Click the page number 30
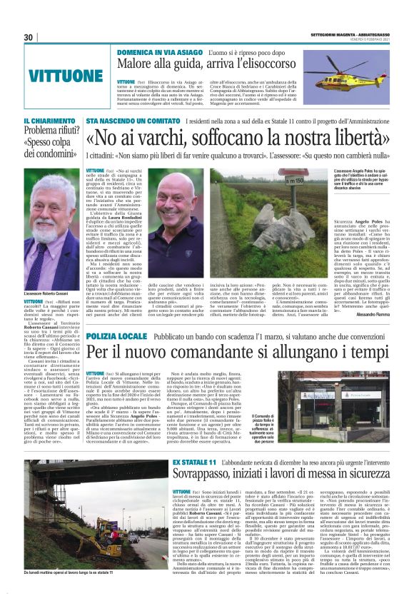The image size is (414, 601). point(28,37)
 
